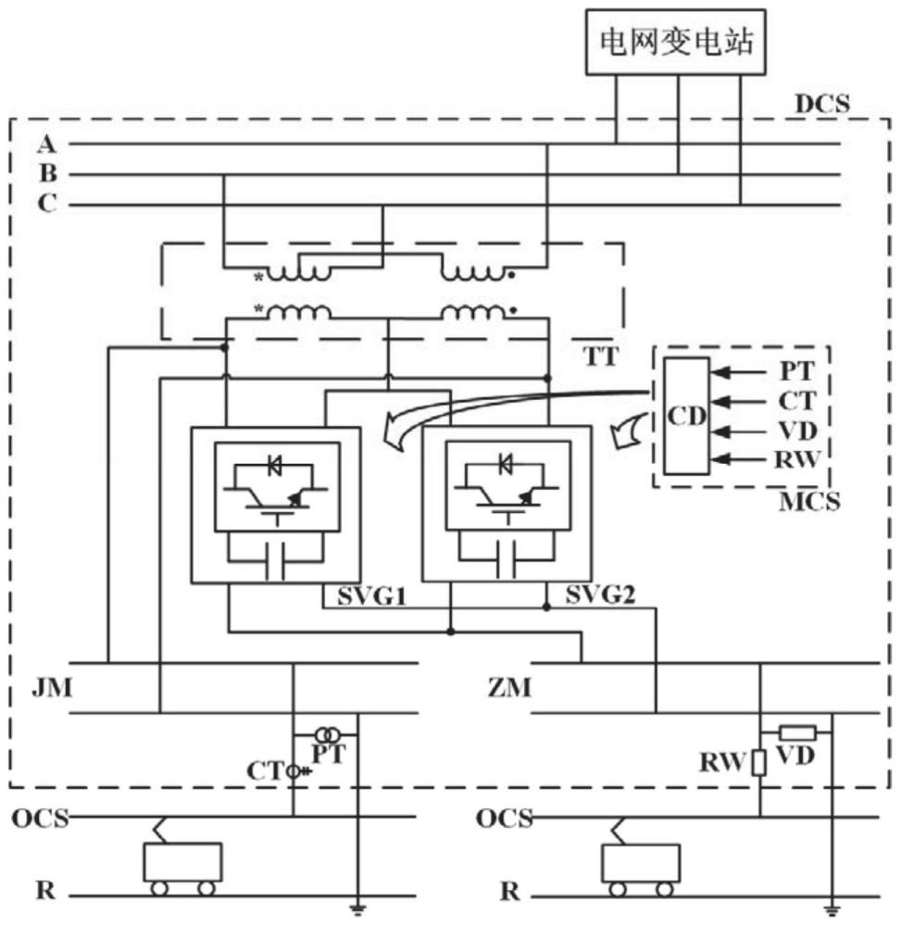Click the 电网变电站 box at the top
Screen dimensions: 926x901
coord(678,42)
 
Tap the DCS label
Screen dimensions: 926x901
coord(821,104)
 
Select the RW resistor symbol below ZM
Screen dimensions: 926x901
coord(759,763)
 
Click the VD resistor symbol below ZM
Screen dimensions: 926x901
coord(795,732)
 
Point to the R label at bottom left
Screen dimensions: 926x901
coord(44,893)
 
